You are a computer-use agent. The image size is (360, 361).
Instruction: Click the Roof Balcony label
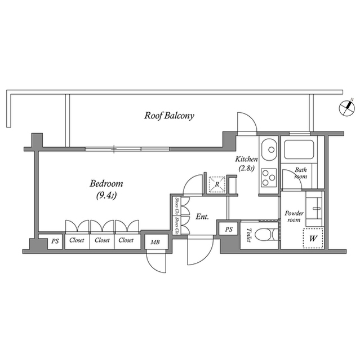click(169, 116)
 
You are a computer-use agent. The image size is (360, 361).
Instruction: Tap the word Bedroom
click(106, 184)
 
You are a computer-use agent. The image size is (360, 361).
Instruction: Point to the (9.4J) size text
click(106, 196)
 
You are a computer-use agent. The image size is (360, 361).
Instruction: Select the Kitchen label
click(247, 160)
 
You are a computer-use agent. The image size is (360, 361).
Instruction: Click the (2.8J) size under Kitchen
click(247, 168)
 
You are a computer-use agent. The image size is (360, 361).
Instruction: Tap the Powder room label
click(294, 217)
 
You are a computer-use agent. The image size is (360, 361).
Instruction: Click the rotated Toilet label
click(248, 235)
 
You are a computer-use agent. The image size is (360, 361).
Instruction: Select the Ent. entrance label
click(202, 216)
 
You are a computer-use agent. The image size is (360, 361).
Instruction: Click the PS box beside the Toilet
click(228, 229)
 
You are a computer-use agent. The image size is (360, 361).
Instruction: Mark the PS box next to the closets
click(55, 241)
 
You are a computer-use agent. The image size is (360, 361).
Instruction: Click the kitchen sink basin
click(269, 149)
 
